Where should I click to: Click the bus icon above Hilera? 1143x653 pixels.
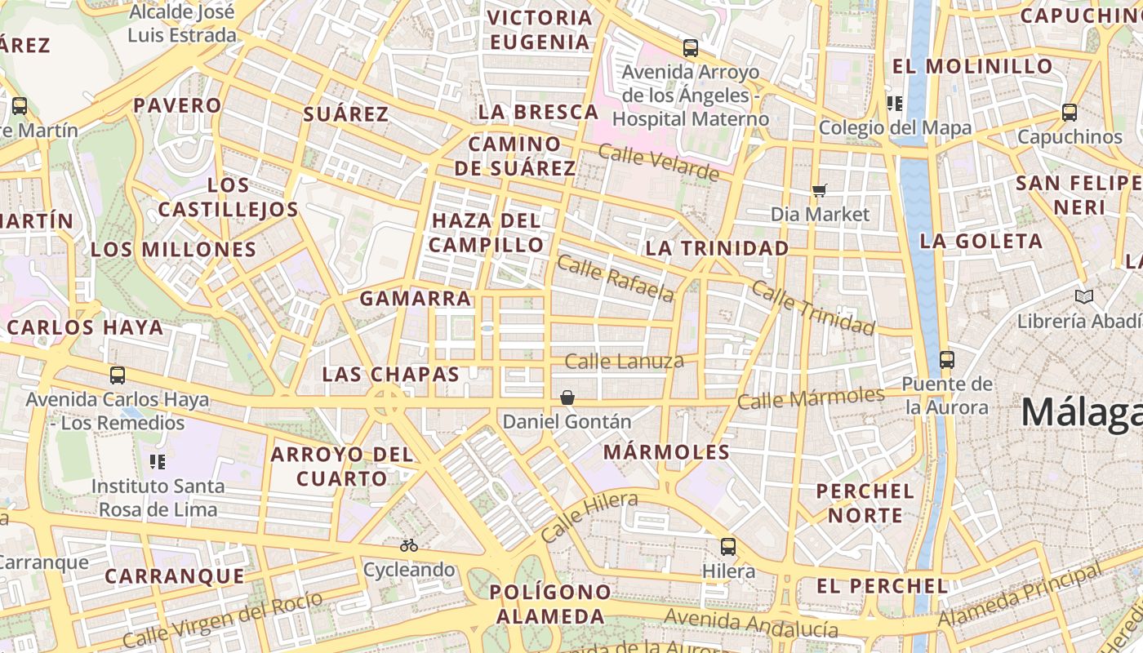pos(727,547)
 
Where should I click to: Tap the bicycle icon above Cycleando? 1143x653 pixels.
pos(409,545)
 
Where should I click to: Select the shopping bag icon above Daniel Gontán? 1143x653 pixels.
pos(567,398)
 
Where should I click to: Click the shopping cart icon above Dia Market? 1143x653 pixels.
pos(820,190)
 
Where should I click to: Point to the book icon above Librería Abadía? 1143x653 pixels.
pos(1084,296)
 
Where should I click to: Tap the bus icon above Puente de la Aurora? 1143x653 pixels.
pos(947,359)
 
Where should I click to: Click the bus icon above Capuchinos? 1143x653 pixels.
pos(1070,113)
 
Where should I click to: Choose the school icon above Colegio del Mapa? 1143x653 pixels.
pos(895,103)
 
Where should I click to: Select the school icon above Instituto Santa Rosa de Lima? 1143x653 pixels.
pos(158,462)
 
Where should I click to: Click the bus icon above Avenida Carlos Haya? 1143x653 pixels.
pos(118,375)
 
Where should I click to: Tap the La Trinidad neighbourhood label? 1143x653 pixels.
pos(718,248)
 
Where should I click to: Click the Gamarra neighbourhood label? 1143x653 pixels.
pos(416,299)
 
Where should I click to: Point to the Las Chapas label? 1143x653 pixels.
pos(391,374)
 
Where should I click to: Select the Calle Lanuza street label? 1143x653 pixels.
pos(625,361)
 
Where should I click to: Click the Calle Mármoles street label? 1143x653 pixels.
pos(811,399)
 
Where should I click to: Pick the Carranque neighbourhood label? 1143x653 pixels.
pos(175,576)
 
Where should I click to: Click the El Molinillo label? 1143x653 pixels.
pos(972,66)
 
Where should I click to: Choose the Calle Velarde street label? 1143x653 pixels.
pos(659,162)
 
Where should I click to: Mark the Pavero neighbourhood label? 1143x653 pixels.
pos(177,105)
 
